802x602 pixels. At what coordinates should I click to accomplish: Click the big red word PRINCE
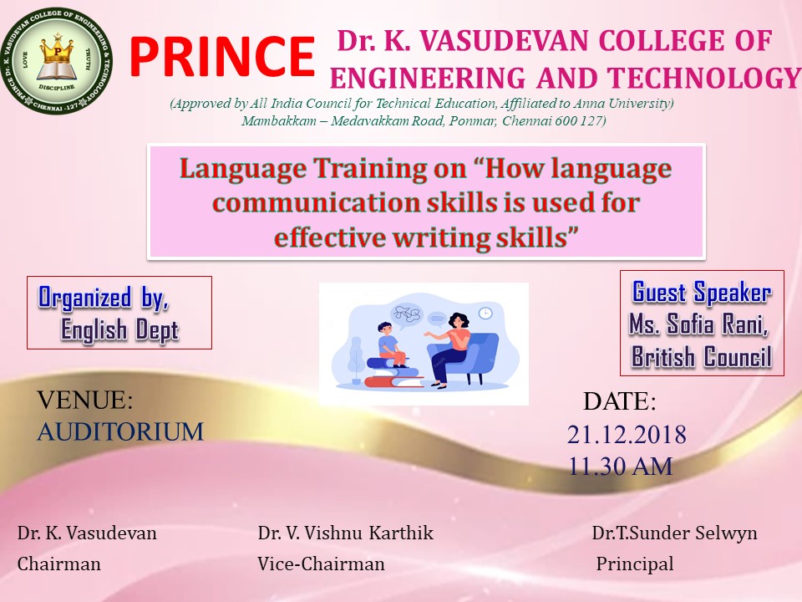(222, 57)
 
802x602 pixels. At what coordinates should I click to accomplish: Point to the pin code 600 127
(580, 120)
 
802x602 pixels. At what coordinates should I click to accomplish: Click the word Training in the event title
(368, 168)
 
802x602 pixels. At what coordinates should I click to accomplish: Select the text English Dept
(119, 329)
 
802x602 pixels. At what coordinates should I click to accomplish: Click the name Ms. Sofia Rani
(698, 324)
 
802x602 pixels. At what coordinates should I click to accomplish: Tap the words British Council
(701, 356)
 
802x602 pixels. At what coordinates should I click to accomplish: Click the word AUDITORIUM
(120, 431)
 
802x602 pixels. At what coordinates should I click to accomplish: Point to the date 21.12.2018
(627, 435)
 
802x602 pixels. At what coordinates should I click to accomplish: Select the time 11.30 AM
(621, 467)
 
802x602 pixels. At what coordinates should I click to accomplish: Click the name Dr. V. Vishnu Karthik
(345, 533)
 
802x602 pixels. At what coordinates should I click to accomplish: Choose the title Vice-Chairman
(321, 564)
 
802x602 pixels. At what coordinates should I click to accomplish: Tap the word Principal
(635, 564)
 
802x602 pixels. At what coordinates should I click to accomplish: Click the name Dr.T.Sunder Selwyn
(675, 533)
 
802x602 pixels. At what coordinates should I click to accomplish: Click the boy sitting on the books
(389, 344)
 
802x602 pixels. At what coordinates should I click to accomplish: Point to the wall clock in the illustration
(485, 314)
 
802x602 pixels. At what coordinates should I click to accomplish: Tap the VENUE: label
(85, 400)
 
